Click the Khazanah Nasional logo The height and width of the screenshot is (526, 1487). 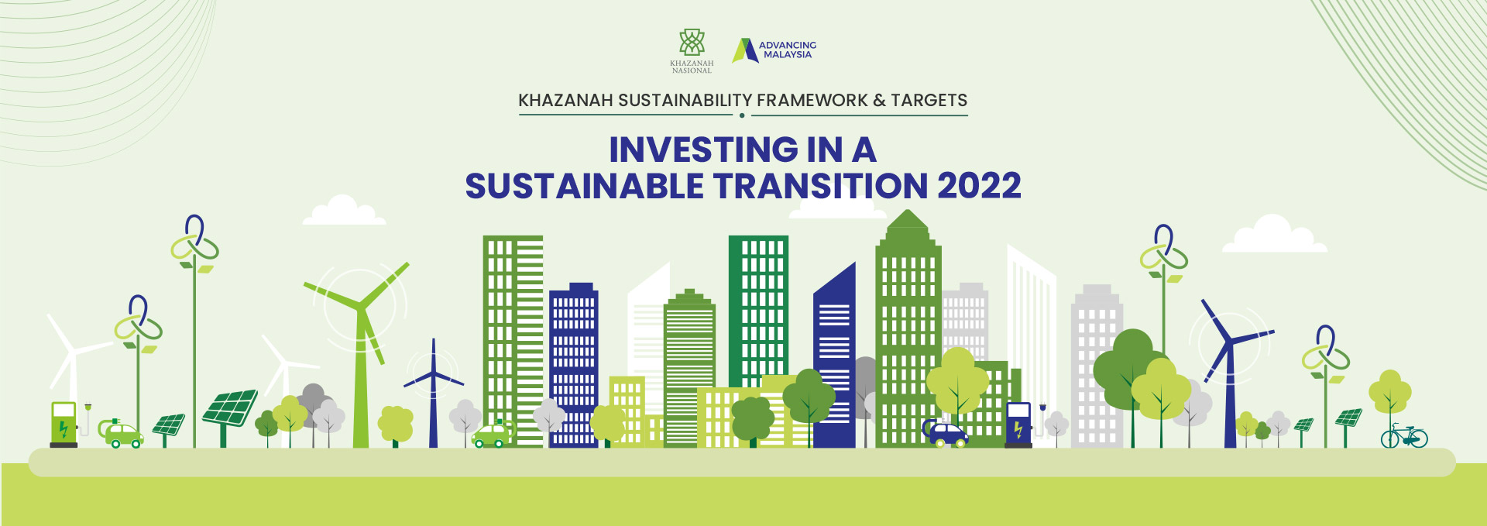coord(692,51)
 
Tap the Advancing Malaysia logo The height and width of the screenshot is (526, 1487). coord(774,50)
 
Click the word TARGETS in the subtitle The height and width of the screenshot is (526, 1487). coord(929,101)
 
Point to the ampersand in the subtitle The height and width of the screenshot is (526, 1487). coord(879,101)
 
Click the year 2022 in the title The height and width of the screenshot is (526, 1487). coord(979,186)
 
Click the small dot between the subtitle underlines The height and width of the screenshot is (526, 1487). coord(742,115)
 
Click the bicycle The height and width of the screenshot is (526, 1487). coord(1404,436)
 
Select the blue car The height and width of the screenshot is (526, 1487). coord(946,434)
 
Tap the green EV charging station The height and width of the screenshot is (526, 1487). coord(64,425)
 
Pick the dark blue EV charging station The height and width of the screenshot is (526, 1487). coord(1018,425)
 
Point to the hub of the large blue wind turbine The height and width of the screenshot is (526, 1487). coord(1229,342)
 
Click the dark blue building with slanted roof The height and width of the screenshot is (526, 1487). coord(834,356)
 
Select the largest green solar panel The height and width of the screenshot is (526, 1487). coord(230,408)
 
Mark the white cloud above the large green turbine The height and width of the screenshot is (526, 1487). coord(344,211)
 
